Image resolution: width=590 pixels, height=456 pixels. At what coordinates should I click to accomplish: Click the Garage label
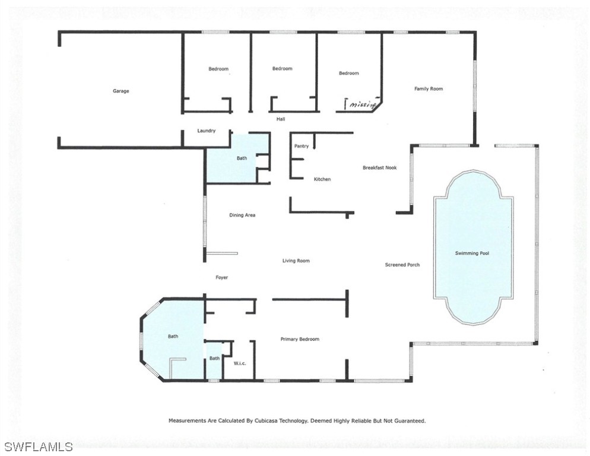pyautogui.click(x=120, y=91)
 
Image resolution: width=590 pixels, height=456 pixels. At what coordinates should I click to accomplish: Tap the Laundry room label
pyautogui.click(x=206, y=131)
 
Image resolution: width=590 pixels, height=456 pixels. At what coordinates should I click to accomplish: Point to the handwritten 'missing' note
pyautogui.click(x=362, y=105)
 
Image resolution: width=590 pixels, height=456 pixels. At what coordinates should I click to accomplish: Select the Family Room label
pyautogui.click(x=428, y=88)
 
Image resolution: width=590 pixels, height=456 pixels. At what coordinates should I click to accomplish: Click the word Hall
pyautogui.click(x=281, y=119)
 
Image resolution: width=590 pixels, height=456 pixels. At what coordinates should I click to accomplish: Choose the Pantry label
pyautogui.click(x=301, y=146)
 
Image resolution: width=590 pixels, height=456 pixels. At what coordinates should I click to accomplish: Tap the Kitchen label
pyautogui.click(x=322, y=179)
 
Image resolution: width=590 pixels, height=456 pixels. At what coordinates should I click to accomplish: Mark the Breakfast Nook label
pyautogui.click(x=379, y=168)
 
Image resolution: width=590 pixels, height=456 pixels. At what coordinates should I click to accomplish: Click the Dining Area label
pyautogui.click(x=242, y=215)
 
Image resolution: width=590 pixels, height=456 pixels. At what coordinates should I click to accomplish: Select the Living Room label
pyautogui.click(x=296, y=261)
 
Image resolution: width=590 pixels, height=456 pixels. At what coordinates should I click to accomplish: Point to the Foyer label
pyautogui.click(x=221, y=277)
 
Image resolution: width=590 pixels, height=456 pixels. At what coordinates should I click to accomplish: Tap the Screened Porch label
pyautogui.click(x=402, y=264)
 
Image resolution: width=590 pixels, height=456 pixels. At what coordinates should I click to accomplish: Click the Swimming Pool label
pyautogui.click(x=472, y=253)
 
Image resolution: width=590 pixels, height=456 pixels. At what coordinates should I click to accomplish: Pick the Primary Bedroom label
pyautogui.click(x=300, y=339)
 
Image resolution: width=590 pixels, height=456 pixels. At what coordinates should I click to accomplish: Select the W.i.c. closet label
pyautogui.click(x=240, y=363)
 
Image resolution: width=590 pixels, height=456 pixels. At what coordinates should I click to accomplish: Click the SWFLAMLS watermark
pyautogui.click(x=39, y=446)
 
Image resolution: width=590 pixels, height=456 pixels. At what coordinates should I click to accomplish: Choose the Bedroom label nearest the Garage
pyautogui.click(x=218, y=69)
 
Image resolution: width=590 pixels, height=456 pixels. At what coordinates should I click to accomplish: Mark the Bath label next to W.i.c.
pyautogui.click(x=214, y=358)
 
